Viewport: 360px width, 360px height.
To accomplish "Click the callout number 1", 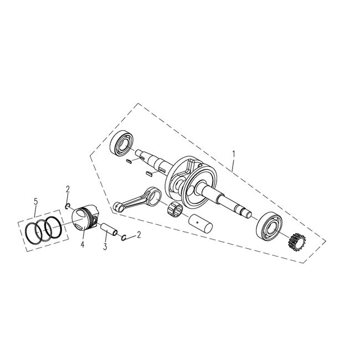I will (x=234, y=153).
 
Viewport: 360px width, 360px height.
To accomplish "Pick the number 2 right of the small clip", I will (x=138, y=235).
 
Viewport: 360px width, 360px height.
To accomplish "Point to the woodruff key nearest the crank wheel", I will (x=148, y=174).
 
